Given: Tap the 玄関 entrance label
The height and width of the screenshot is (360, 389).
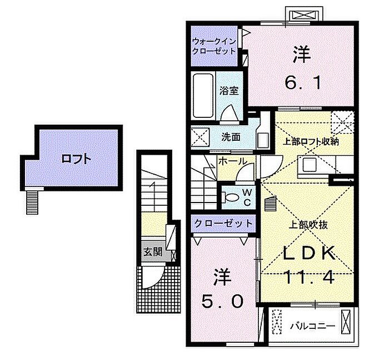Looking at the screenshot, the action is pyautogui.click(x=153, y=252).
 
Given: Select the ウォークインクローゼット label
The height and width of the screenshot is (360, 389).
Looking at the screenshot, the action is pyautogui.click(x=215, y=46).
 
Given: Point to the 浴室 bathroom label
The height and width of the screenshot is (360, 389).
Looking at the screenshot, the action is pyautogui.click(x=229, y=91).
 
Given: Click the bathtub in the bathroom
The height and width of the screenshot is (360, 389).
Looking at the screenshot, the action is pyautogui.click(x=203, y=95).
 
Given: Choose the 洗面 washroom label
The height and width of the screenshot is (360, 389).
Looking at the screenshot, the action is pyautogui.click(x=231, y=137).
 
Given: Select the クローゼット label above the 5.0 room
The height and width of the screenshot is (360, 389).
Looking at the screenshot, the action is pyautogui.click(x=223, y=224).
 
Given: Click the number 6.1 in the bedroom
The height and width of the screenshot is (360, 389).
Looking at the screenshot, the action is pyautogui.click(x=303, y=83).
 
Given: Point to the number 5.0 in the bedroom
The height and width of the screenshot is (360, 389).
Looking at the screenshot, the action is pyautogui.click(x=222, y=302).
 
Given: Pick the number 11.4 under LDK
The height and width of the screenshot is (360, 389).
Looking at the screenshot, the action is pyautogui.click(x=309, y=277).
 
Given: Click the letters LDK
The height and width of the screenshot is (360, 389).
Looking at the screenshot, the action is pyautogui.click(x=310, y=253).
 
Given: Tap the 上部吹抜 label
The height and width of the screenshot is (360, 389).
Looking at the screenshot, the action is pyautogui.click(x=308, y=225).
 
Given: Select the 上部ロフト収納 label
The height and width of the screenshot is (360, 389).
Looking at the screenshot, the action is pyautogui.click(x=311, y=142).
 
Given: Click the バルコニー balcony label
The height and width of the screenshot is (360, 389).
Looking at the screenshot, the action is pyautogui.click(x=312, y=326).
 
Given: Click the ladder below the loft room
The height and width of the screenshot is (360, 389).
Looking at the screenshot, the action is pyautogui.click(x=32, y=201).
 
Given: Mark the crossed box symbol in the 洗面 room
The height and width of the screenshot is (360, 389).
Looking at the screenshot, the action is pyautogui.click(x=200, y=137).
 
